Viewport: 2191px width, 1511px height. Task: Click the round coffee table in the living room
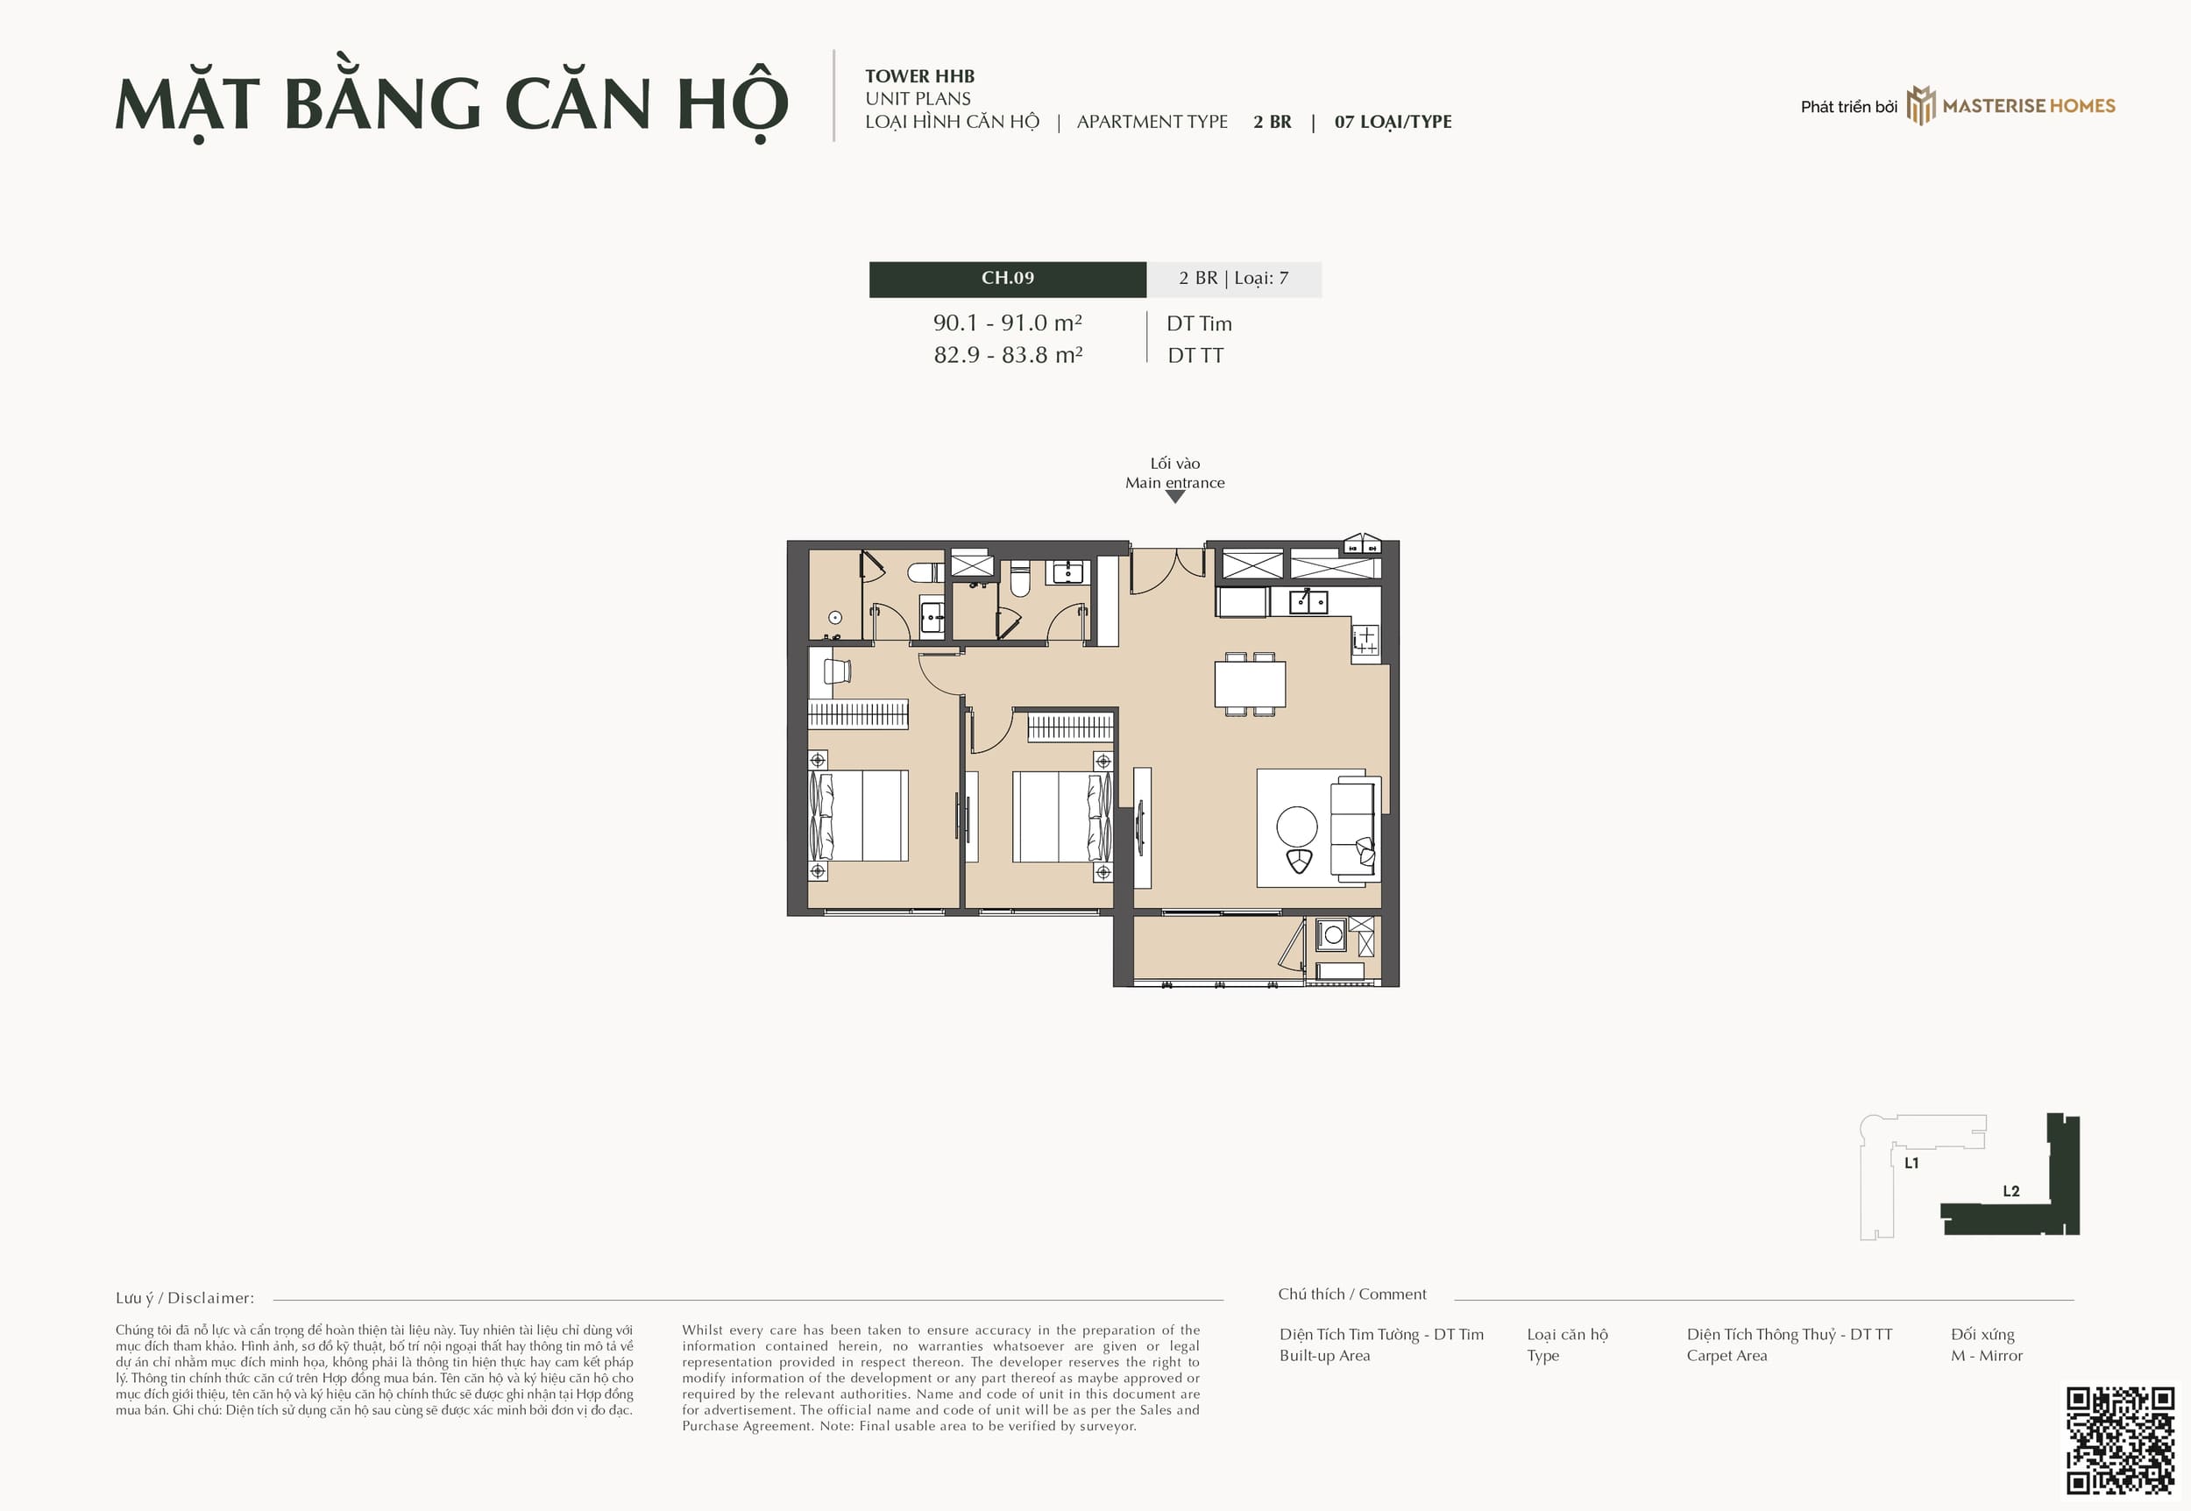(1296, 826)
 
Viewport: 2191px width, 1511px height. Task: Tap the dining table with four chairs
(1249, 684)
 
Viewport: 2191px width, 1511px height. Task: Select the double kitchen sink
(1308, 601)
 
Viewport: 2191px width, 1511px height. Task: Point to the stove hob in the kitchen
(1365, 640)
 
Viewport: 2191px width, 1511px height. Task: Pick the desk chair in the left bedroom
(837, 670)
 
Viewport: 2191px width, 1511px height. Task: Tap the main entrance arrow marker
(1174, 496)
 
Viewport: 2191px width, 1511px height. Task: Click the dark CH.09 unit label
(1007, 279)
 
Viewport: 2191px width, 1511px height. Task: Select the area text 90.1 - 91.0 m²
(1008, 323)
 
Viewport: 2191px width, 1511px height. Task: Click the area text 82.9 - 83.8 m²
(1008, 355)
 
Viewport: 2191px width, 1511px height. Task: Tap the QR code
(2120, 1442)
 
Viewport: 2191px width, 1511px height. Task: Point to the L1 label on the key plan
(1911, 1162)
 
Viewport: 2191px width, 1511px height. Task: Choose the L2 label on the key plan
(2011, 1191)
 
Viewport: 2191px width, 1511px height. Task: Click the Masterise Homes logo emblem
(1920, 105)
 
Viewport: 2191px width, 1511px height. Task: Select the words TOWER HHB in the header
(920, 76)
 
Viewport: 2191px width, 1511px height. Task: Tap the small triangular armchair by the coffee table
(1299, 862)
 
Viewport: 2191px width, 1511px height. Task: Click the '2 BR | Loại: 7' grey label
(1234, 279)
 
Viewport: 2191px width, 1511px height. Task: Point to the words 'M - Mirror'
(1987, 1356)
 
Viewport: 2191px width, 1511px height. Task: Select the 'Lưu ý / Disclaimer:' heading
(185, 1298)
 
